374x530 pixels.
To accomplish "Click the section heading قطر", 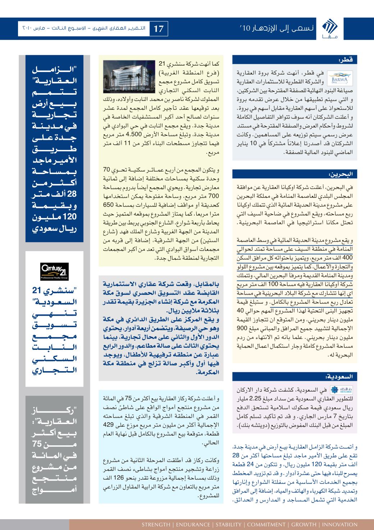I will [x=347, y=59].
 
